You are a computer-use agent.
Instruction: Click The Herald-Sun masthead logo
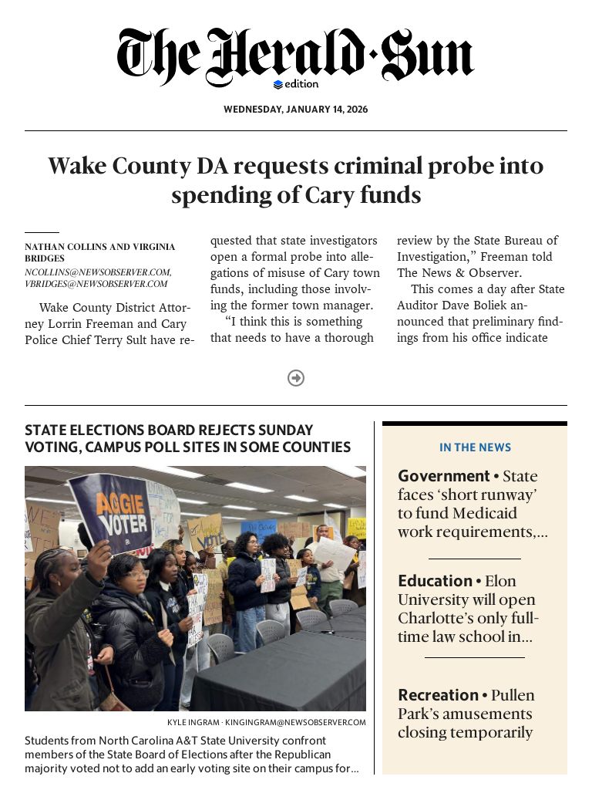pos(295,56)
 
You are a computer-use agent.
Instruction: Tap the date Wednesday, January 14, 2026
pos(295,110)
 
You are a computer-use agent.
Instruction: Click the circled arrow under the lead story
pos(296,378)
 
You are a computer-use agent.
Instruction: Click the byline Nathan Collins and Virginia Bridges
pos(99,252)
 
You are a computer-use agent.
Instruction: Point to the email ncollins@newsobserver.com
pos(97,272)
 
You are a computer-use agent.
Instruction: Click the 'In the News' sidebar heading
pos(475,447)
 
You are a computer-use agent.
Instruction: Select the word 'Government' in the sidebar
pos(444,476)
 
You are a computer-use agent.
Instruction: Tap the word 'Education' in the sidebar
pos(435,581)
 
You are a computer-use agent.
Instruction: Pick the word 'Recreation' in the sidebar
pos(438,695)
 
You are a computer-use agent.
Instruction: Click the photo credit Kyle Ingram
pos(193,723)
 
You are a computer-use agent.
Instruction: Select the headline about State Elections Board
pos(187,438)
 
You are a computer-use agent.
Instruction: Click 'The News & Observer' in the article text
pos(459,273)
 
